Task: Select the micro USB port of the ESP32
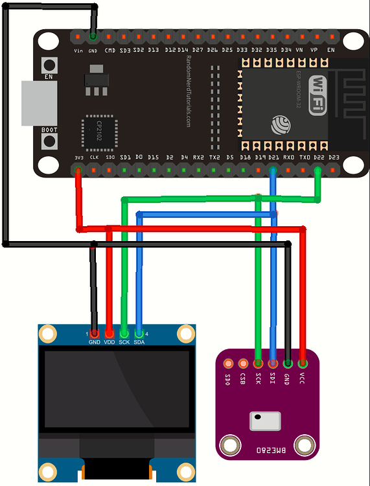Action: [x=40, y=104]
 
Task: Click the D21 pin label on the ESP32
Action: [x=273, y=157]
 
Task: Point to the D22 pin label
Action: [x=318, y=157]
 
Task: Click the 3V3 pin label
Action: [x=78, y=157]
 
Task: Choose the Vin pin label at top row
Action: [x=78, y=50]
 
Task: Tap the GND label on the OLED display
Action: [x=95, y=341]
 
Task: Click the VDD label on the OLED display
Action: [x=109, y=341]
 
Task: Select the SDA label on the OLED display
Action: [x=139, y=341]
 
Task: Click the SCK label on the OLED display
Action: [x=124, y=341]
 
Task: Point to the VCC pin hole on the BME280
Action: [x=303, y=364]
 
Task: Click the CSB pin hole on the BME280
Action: [x=243, y=364]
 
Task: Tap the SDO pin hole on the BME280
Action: [x=228, y=364]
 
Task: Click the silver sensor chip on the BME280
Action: [x=266, y=421]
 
